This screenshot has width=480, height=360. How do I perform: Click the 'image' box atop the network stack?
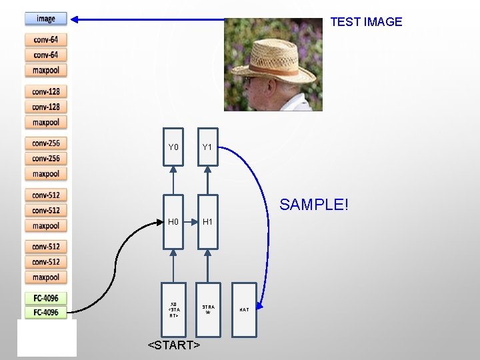coord(46,19)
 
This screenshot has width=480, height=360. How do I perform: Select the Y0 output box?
coord(173,147)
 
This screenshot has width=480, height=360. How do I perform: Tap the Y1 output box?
coord(207,147)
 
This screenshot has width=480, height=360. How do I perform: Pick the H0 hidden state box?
coord(173,221)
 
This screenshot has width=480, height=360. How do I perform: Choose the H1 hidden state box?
coord(207,221)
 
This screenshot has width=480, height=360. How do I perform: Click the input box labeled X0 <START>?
coord(173,309)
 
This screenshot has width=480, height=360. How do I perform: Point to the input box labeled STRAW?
coord(207,309)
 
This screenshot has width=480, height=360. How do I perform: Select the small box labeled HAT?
coord(244,309)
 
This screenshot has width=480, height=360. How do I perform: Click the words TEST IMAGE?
coord(366,21)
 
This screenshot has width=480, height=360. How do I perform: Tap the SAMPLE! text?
coord(313,205)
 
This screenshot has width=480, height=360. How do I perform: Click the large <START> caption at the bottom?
coord(174,345)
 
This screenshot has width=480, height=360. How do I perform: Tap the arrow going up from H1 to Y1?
coord(207,183)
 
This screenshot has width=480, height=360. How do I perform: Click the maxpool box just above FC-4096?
coord(46,277)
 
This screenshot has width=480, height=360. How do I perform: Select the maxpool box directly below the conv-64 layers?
coord(46,70)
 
